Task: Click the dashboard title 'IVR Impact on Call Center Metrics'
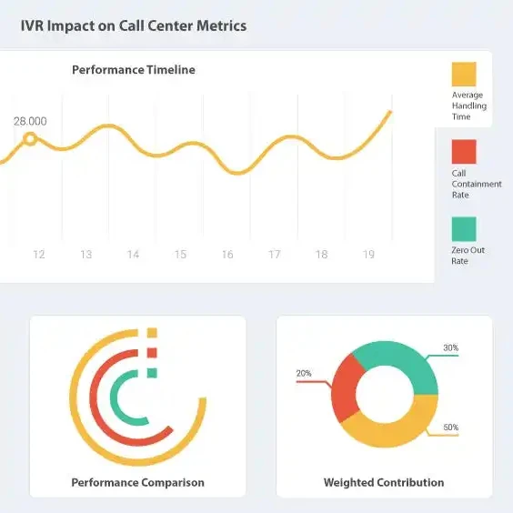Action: pos(134,25)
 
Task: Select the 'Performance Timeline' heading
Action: pos(134,70)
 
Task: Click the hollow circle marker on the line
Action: pos(30,139)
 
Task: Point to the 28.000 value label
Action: pos(30,121)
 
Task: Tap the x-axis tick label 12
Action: pos(39,255)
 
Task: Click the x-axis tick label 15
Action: pos(180,255)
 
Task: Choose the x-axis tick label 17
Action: pos(274,255)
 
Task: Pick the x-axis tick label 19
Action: pos(368,255)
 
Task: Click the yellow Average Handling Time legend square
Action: pos(464,75)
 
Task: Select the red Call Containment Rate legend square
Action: pos(464,152)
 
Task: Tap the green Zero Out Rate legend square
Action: pos(464,229)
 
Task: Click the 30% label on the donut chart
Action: pos(451,347)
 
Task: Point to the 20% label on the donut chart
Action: pos(304,373)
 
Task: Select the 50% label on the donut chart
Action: pos(451,427)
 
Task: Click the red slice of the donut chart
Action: pos(345,387)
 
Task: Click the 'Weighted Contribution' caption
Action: pos(384,483)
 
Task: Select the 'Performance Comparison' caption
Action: pos(137,483)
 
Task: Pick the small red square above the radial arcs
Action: pos(152,353)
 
